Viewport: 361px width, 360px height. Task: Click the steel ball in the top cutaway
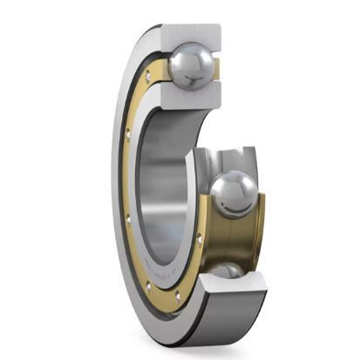tap(192, 63)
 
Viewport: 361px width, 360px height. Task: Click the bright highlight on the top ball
tap(187, 55)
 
